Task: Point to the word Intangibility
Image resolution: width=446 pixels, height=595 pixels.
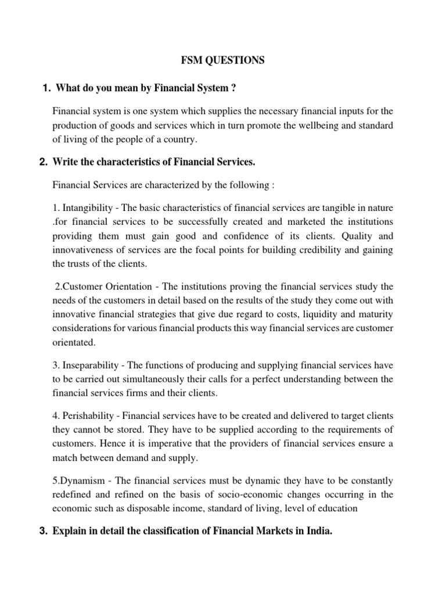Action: click(x=88, y=208)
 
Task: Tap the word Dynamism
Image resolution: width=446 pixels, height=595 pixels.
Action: click(x=85, y=481)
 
